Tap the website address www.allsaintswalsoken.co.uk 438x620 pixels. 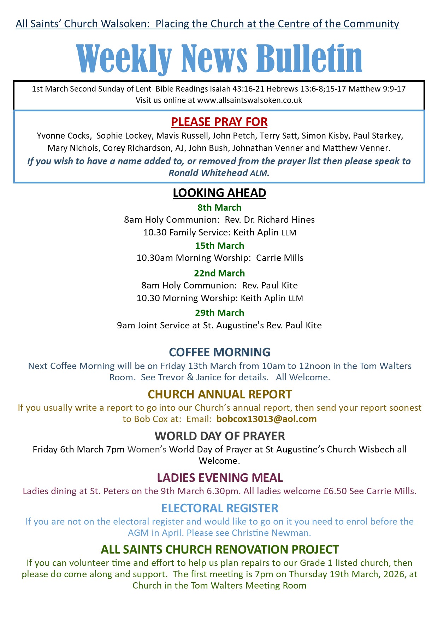pos(249,100)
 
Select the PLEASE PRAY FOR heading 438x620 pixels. pos(219,122)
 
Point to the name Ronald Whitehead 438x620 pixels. pos(208,173)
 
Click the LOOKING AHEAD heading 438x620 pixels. pos(219,193)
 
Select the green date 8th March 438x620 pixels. pos(219,207)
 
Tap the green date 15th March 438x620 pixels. pos(219,246)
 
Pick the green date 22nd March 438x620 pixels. pos(219,273)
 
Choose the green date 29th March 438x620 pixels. pos(219,313)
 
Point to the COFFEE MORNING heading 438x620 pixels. pos(219,352)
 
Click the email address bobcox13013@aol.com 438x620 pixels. pos(266,419)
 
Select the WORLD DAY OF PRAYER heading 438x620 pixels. pos(219,436)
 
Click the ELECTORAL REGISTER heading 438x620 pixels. pos(219,508)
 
